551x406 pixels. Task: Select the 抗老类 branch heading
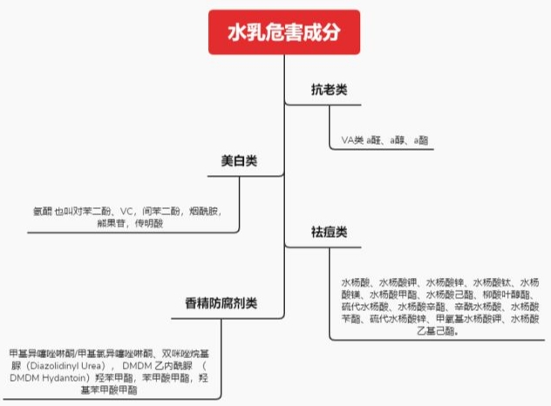(x=330, y=89)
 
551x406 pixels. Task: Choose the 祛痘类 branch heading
(x=330, y=233)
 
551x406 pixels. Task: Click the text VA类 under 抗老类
(x=351, y=139)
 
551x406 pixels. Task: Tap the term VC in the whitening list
(x=127, y=211)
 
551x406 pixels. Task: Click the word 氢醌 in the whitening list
(x=43, y=211)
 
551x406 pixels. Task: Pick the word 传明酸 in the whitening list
(x=152, y=224)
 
